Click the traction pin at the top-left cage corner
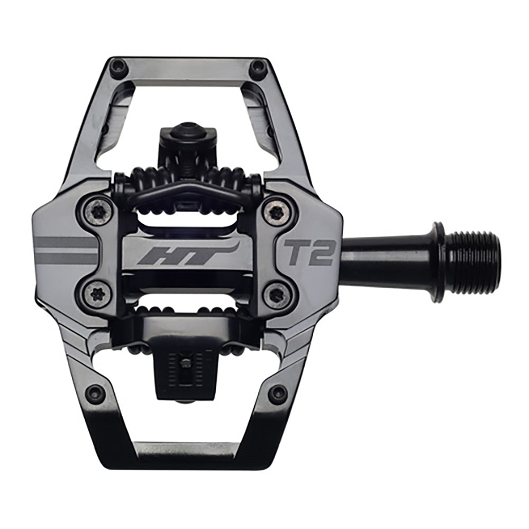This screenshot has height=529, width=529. click(x=118, y=67)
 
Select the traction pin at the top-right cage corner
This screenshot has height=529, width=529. click(x=258, y=67)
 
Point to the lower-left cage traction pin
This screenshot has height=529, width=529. click(x=95, y=393)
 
